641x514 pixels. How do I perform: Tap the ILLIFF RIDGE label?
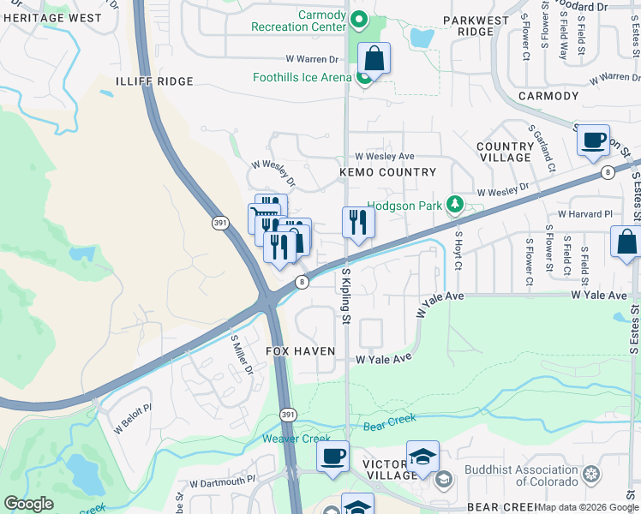[x=147, y=81]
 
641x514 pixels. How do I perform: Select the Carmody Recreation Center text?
[x=297, y=21]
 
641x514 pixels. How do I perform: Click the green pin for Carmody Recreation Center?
[x=361, y=21]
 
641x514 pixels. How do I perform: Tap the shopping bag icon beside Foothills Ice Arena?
[x=374, y=59]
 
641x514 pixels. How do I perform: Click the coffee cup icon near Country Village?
[x=594, y=140]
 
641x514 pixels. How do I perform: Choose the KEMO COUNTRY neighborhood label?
[x=388, y=172]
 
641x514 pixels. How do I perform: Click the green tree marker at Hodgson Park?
[x=456, y=206]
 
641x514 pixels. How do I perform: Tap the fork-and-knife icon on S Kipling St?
[x=358, y=223]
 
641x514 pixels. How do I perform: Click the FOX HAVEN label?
[x=299, y=351]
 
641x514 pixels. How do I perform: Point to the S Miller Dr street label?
[x=241, y=354]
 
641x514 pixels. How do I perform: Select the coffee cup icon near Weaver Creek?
[x=332, y=456]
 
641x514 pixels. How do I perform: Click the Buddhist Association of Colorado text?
[x=521, y=475]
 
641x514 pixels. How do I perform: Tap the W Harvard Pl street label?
[x=585, y=213]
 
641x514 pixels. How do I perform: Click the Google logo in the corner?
[x=29, y=504]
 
